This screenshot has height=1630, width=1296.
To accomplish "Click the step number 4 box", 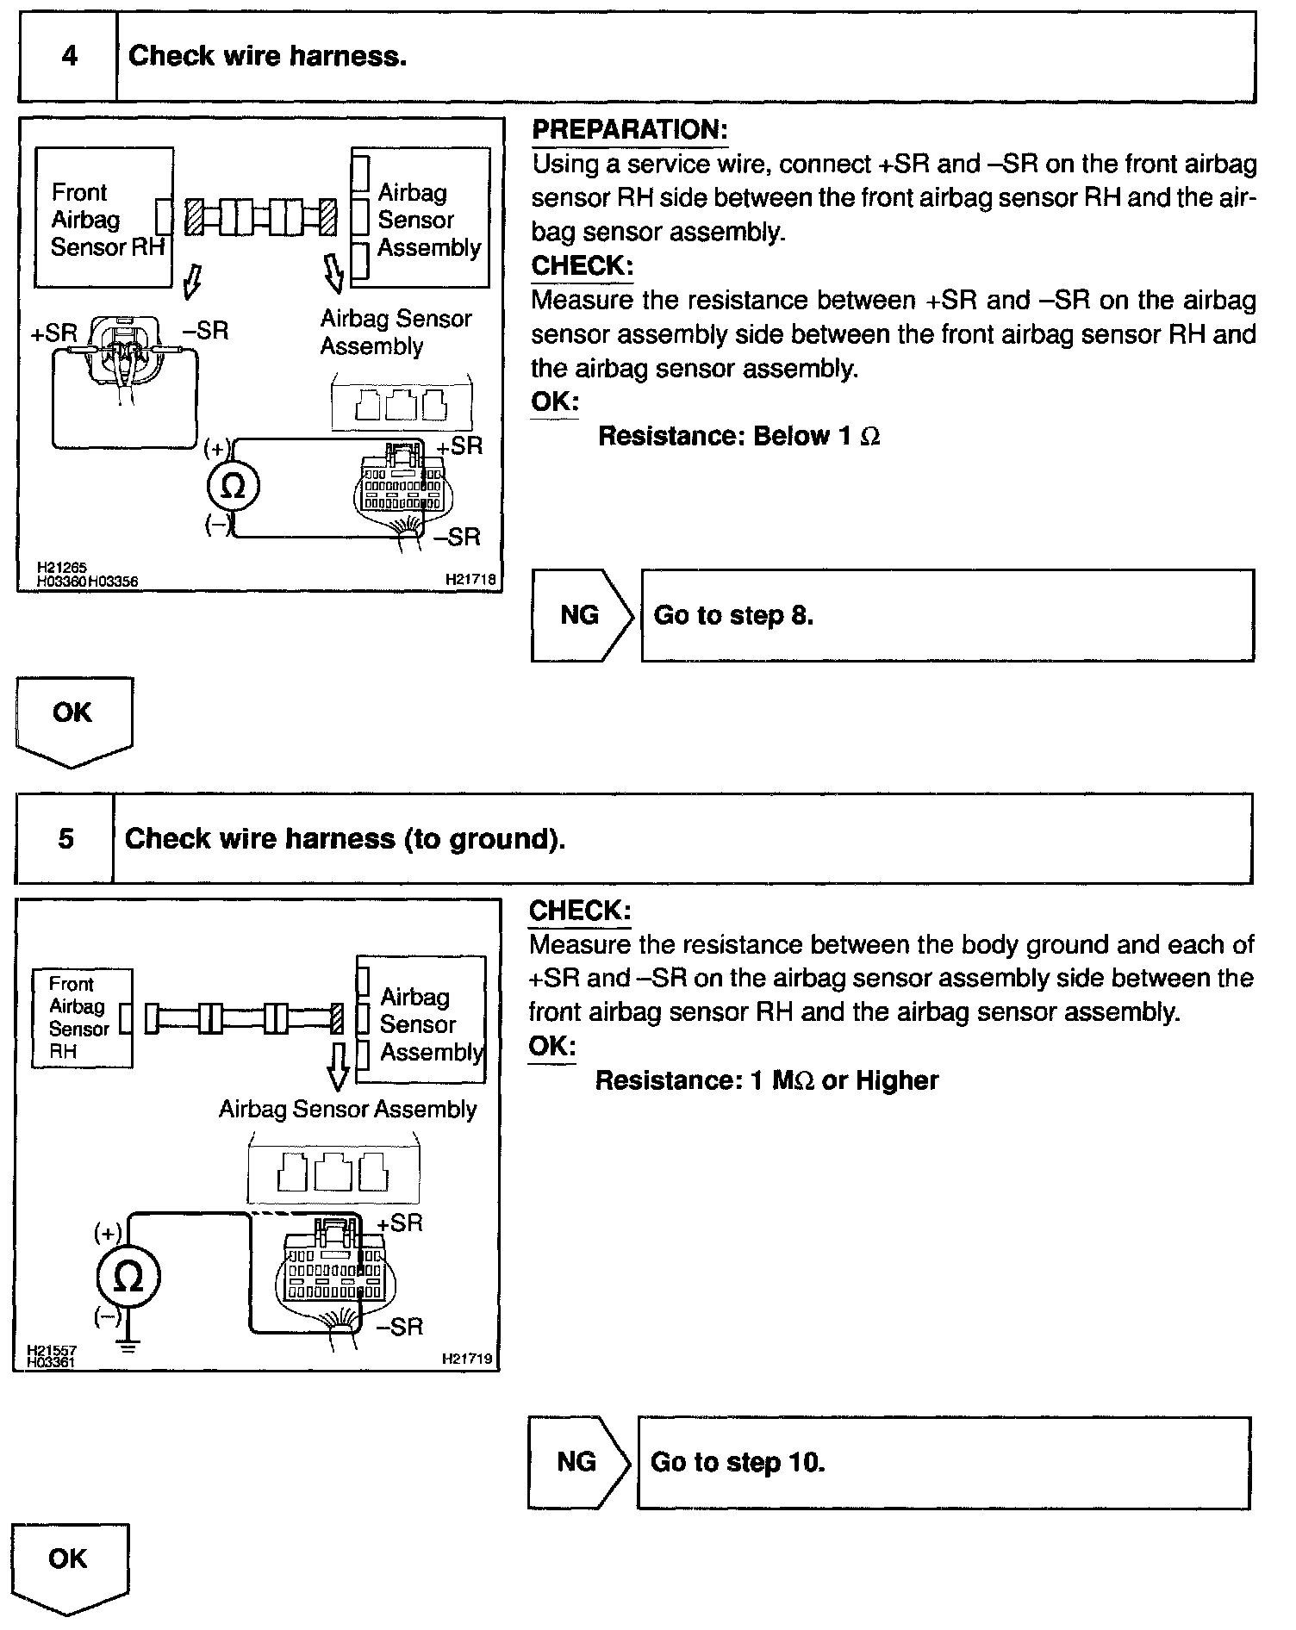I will (x=69, y=57).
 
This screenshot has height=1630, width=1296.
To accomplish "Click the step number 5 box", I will (x=65, y=839).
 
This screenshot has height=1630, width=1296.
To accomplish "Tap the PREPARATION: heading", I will (x=629, y=130).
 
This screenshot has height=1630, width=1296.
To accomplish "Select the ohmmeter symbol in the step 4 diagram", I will (x=233, y=487).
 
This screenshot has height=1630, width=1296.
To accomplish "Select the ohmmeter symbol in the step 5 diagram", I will (x=128, y=1278).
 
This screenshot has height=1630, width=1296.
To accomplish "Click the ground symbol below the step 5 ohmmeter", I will (x=128, y=1346).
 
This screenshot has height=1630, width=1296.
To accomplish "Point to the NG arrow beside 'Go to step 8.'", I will (x=582, y=615).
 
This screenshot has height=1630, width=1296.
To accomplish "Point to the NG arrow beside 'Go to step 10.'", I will (x=578, y=1462).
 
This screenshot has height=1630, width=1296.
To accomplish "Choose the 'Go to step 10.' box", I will (x=943, y=1462).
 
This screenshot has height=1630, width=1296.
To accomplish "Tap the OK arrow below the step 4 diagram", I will (x=73, y=720).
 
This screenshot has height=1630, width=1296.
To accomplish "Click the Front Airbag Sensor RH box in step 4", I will (x=104, y=218).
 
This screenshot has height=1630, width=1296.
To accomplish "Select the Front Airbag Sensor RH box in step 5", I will (x=82, y=1018).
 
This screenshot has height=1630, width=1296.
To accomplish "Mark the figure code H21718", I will (x=470, y=581).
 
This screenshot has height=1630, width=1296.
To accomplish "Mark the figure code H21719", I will (x=467, y=1359).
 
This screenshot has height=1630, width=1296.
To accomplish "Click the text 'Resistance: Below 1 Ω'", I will (x=738, y=437).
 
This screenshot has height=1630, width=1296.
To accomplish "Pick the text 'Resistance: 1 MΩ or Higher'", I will (x=766, y=1080).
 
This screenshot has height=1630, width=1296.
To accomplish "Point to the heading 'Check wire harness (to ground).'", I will (x=345, y=839).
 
